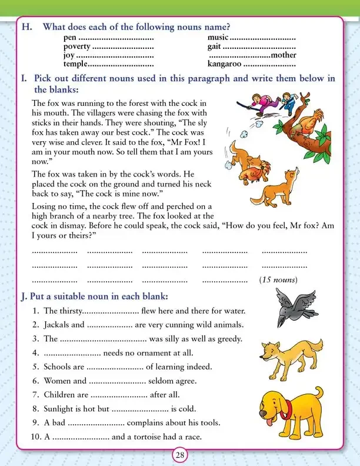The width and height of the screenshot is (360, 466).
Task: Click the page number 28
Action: [x=180, y=454]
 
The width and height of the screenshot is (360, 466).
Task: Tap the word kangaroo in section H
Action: [x=225, y=64]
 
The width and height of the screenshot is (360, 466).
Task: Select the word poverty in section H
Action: [x=76, y=46]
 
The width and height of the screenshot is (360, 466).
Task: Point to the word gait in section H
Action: [x=215, y=46]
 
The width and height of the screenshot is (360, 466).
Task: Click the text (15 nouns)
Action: [x=278, y=279]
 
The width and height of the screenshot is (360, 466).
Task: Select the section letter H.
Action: [x=24, y=27]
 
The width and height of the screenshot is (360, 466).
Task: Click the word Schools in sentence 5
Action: [x=58, y=367]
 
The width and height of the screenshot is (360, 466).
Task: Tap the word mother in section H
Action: [x=283, y=55]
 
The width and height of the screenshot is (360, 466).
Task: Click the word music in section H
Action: [x=218, y=38]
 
